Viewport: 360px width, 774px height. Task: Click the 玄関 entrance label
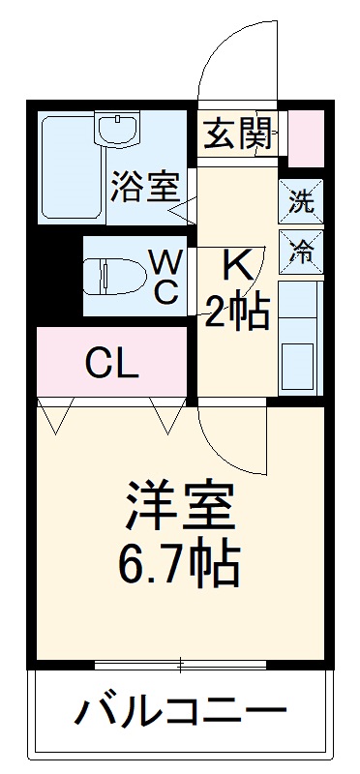click(x=236, y=134)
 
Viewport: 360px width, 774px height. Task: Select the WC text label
click(x=165, y=277)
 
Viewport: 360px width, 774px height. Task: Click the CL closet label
click(x=111, y=365)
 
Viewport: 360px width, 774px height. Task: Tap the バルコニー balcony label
click(x=181, y=716)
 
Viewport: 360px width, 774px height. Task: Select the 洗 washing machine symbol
click(x=302, y=203)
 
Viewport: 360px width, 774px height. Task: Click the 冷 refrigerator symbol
click(x=302, y=251)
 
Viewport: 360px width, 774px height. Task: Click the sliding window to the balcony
click(x=181, y=664)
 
